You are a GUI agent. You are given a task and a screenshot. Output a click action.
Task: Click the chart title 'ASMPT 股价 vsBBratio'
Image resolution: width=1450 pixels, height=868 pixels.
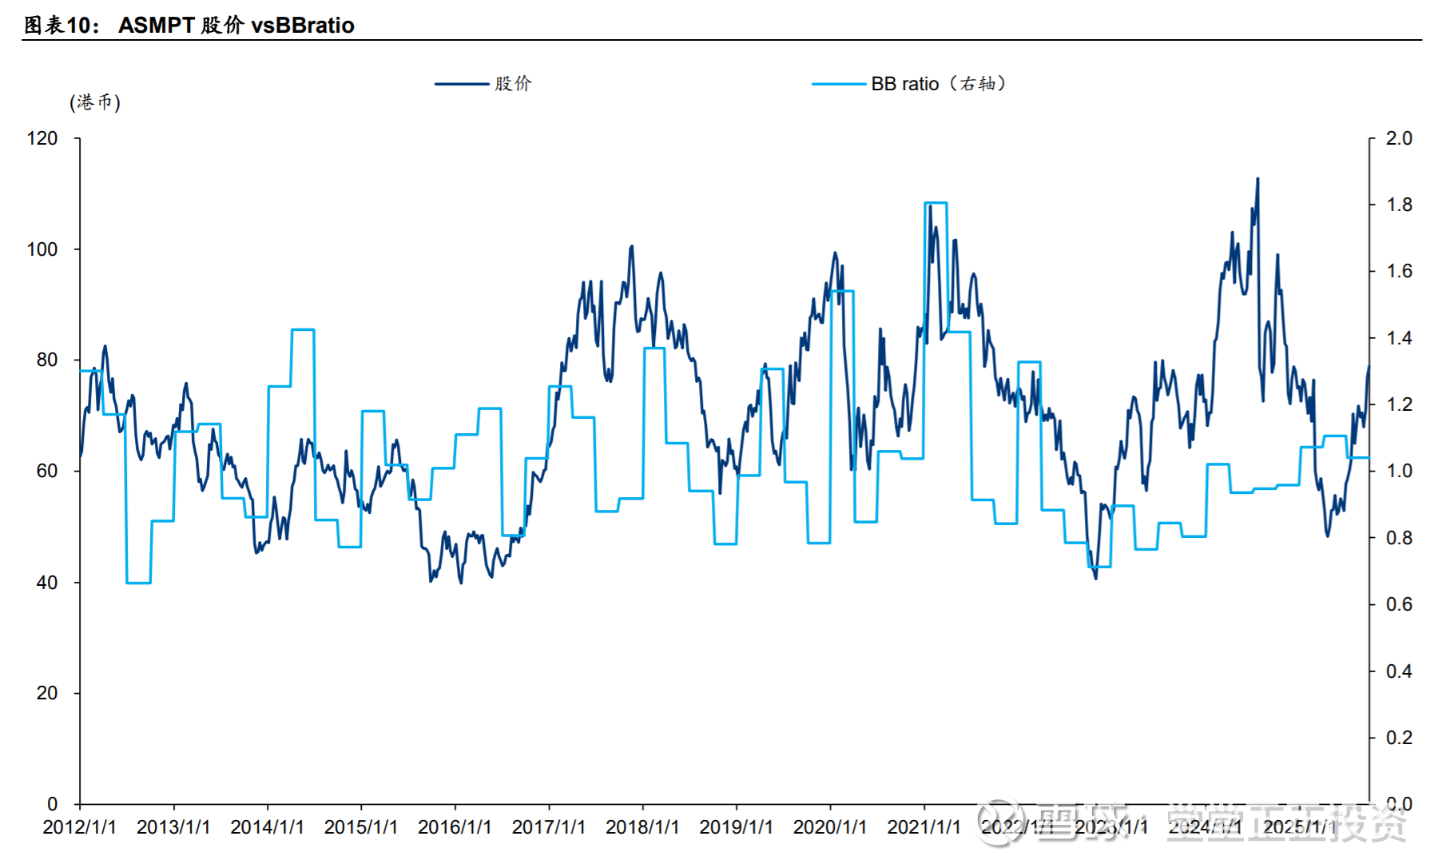236,26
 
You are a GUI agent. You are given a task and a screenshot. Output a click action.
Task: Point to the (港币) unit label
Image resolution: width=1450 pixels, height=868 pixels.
95,102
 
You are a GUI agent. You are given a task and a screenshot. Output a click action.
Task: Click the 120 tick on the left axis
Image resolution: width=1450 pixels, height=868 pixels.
42,138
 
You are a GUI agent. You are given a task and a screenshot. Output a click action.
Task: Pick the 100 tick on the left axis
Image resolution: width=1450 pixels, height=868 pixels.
42,249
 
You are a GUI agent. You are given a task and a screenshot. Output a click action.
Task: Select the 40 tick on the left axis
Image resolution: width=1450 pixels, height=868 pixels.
47,583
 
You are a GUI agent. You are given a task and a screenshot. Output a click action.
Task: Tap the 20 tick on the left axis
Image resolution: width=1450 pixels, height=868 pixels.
47,693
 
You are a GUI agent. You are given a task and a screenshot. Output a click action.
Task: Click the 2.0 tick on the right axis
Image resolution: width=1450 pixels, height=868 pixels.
1399,138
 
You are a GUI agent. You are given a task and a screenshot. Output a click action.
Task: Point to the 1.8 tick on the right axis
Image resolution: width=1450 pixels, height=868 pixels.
1399,205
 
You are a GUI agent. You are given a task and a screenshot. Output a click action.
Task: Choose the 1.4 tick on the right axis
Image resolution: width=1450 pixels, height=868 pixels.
1399,338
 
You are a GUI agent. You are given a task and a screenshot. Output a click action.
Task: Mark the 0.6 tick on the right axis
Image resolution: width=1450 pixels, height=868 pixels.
1399,604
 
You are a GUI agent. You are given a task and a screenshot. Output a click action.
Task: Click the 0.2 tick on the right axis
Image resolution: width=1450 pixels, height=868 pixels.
1399,738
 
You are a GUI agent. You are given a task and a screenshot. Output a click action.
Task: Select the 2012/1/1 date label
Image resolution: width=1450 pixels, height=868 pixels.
79,827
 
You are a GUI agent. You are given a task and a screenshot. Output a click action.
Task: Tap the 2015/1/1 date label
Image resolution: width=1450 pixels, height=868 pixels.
361,827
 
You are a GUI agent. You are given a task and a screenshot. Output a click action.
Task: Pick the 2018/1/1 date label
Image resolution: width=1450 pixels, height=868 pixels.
642,827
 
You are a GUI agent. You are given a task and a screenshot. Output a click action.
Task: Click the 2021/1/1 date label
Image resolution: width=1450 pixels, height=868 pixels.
924,827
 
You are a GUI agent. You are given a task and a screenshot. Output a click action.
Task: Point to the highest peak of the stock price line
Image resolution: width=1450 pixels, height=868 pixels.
1257,179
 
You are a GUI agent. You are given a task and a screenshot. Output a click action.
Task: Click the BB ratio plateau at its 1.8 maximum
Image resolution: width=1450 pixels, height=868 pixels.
936,203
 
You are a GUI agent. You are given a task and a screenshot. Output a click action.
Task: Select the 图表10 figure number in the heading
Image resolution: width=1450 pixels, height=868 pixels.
61,26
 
